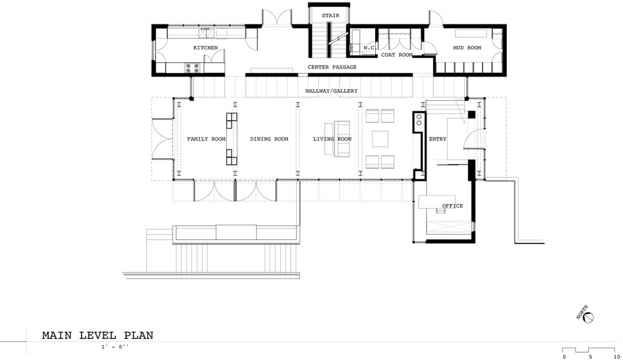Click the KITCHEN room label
(206, 48)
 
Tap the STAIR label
(331, 16)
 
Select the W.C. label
(369, 48)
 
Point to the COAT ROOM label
(397, 55)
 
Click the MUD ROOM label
(467, 48)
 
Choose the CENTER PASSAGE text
(332, 67)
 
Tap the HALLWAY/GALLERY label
(331, 91)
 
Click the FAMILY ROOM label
(206, 139)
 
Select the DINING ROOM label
(269, 139)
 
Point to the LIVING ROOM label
(332, 139)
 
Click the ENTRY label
(437, 139)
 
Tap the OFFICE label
(452, 206)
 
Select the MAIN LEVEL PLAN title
(98, 335)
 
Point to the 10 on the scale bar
(617, 357)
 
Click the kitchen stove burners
(193, 68)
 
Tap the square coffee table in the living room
(380, 139)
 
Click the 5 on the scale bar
(591, 357)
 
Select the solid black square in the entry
(471, 115)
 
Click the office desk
(436, 201)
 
